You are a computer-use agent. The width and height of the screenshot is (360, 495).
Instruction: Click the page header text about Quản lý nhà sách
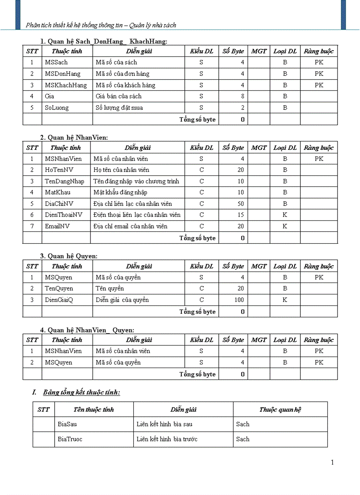101,25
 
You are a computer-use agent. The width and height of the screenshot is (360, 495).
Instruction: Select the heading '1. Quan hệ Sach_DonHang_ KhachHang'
104,41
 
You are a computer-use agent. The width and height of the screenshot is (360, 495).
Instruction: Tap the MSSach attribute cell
56,63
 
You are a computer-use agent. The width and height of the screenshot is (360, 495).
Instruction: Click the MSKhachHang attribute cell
66,85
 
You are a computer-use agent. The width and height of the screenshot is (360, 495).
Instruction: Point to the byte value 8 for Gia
242,96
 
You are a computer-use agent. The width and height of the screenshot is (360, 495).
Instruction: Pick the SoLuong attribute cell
57,108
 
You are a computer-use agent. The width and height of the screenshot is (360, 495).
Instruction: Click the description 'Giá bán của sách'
119,96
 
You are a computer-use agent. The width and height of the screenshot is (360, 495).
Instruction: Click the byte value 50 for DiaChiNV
240,204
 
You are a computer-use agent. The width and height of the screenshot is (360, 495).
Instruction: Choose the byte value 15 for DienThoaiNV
240,215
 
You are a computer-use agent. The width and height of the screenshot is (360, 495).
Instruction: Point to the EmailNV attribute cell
57,226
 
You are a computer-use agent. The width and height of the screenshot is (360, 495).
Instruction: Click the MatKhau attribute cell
57,192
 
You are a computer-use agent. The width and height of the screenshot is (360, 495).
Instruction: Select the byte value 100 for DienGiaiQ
239,300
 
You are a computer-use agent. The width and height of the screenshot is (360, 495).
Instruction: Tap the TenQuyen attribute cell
59,288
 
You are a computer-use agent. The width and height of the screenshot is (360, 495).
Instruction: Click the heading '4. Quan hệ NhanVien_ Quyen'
87,330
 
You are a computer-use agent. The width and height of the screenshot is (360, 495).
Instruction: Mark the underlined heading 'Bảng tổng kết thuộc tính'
82,392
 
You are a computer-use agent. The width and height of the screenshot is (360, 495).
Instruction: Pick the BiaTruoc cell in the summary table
70,439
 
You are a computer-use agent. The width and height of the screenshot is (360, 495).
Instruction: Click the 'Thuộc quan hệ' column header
280,409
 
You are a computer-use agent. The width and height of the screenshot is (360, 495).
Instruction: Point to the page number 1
332,462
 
